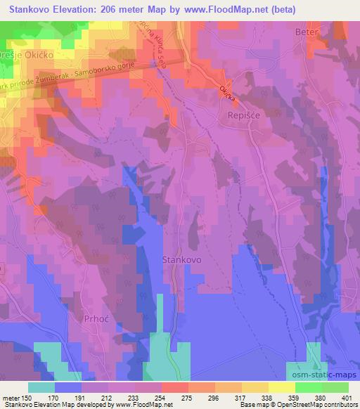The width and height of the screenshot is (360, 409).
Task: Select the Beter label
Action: pyautogui.click(x=307, y=32)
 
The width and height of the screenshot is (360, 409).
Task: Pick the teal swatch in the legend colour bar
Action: pyautogui.click(x=41, y=387)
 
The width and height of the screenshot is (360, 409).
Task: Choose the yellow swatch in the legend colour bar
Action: pyautogui.click(x=281, y=387)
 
